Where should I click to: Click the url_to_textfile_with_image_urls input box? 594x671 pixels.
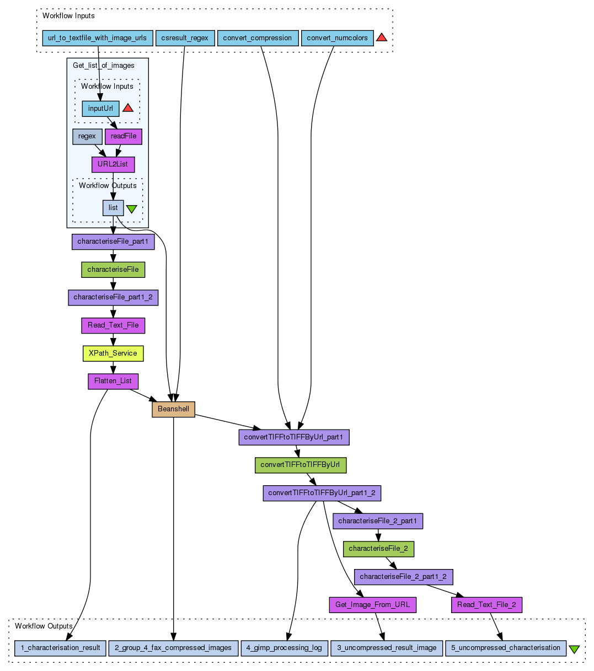point(97,38)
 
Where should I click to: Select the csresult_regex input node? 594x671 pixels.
point(185,38)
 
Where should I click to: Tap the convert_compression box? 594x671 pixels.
point(258,38)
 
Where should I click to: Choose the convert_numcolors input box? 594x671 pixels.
point(337,38)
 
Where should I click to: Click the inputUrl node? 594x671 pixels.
point(100,108)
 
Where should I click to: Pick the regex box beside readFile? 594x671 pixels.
point(87,136)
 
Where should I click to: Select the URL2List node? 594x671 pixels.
point(113,164)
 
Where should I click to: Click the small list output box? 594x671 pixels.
point(113,208)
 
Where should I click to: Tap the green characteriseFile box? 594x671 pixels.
point(113,270)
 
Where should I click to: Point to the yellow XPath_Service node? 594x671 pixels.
point(113,353)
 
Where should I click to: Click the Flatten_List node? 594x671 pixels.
point(113,381)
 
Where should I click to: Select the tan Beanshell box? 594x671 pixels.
point(173,409)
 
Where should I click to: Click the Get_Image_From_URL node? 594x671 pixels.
point(372,605)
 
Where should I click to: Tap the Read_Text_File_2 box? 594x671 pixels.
point(486,605)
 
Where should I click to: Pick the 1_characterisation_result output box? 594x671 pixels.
point(60,648)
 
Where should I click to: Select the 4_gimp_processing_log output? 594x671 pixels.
point(285,648)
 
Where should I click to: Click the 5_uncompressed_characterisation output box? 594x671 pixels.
point(506,648)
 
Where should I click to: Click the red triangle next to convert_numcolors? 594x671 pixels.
point(382,38)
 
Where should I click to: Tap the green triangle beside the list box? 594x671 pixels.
point(131,209)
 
